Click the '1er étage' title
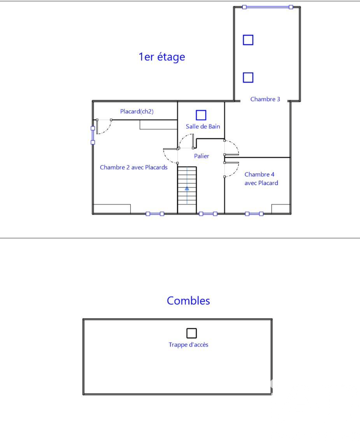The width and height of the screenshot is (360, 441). pos(162,57)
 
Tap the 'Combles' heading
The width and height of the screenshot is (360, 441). pos(188,301)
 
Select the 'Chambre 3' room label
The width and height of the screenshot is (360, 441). pos(265,99)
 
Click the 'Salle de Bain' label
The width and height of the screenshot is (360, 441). pos(203,127)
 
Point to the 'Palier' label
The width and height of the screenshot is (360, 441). pos(201,156)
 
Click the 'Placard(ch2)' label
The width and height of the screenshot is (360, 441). pos(137,111)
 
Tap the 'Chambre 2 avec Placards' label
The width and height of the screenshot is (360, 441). pos(134,167)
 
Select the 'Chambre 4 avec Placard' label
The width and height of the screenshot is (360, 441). pos(261,179)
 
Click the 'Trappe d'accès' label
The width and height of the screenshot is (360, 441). pos(188,345)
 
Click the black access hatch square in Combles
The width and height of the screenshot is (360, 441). pos(191,333)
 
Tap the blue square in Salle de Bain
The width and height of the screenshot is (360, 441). pos(201,115)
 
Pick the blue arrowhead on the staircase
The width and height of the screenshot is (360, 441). pos(187,189)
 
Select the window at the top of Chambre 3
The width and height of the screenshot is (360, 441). pos(267,7)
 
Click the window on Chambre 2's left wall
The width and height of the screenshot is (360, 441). pos(93,135)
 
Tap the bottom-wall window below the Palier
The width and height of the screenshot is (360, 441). pos(208,214)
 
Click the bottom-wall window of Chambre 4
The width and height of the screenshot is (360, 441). pos(254,214)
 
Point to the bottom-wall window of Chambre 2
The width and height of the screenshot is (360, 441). pos(155,214)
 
